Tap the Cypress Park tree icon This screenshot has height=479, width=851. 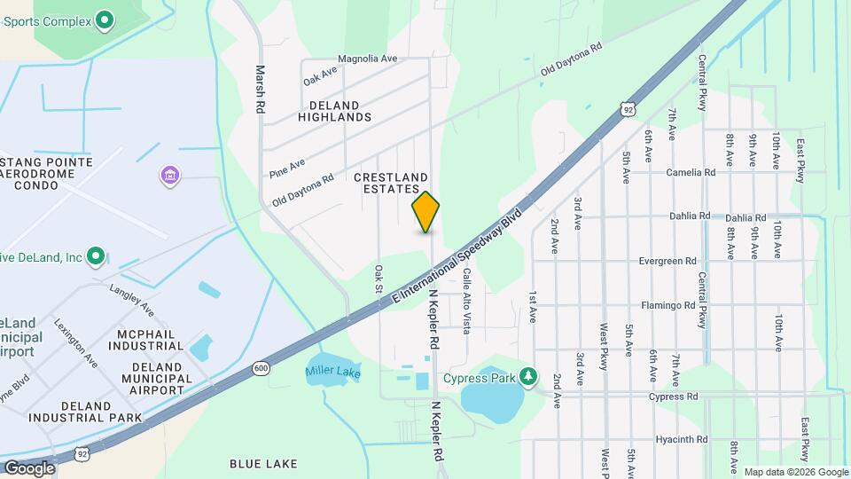[528, 376]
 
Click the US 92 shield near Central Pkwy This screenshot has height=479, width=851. [628, 109]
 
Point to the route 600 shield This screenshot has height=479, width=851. [261, 368]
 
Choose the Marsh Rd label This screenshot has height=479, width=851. [261, 89]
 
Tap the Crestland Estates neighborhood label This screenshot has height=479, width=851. [391, 184]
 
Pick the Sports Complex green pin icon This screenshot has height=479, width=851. [105, 18]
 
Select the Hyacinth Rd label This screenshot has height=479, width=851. [680, 439]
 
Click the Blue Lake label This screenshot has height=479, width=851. [263, 463]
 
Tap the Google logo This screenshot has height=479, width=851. [28, 467]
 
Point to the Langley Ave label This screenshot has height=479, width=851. [131, 299]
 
